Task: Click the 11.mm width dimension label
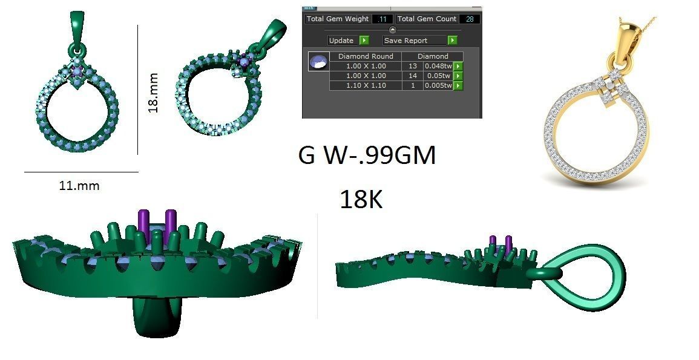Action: click(79, 186)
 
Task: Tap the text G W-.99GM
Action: click(367, 156)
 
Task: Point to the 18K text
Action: click(361, 199)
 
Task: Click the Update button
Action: click(347, 41)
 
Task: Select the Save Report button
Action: click(419, 41)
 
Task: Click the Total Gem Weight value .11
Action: click(382, 19)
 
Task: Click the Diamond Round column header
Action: click(366, 56)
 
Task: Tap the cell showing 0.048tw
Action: click(437, 66)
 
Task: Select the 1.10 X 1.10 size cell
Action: click(366, 86)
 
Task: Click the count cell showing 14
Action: click(413, 76)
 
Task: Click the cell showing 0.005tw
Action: click(437, 86)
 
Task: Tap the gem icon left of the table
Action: click(318, 61)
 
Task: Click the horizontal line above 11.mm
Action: click(81, 172)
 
